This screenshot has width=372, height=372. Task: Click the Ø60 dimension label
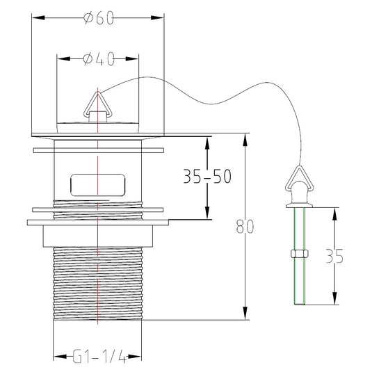click(x=99, y=18)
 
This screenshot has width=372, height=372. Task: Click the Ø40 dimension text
click(x=99, y=59)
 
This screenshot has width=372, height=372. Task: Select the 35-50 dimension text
click(x=207, y=177)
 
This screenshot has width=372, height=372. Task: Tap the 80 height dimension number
click(x=245, y=227)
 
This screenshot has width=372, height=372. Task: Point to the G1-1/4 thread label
click(x=99, y=356)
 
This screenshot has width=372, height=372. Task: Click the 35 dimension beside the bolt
click(x=334, y=256)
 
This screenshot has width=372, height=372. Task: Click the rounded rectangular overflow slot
click(x=98, y=185)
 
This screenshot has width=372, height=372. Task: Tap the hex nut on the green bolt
click(x=300, y=254)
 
